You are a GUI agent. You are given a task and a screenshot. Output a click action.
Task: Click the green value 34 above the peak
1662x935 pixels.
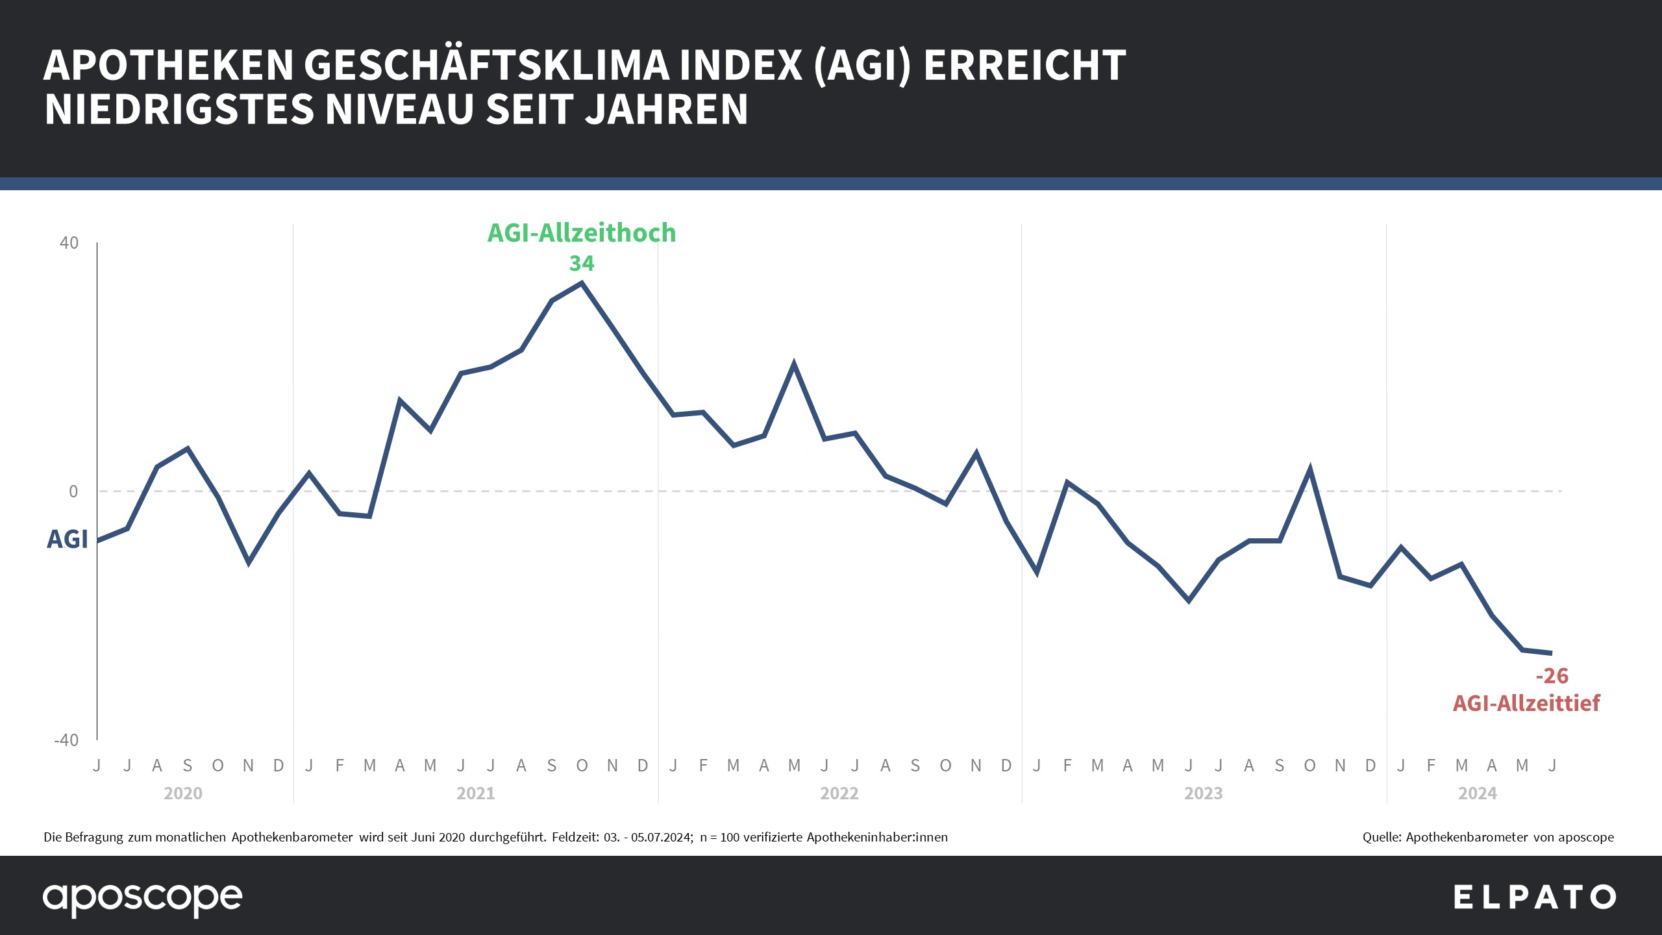point(581,264)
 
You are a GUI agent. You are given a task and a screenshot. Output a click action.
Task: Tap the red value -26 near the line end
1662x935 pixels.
point(1552,676)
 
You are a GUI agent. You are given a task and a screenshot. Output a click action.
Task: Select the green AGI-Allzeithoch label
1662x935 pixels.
point(582,233)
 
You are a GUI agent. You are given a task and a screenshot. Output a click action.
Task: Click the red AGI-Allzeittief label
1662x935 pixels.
point(1526,703)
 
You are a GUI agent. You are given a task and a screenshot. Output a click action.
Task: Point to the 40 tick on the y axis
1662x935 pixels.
point(69,243)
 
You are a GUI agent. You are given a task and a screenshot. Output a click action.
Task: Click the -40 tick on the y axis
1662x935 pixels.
point(66,740)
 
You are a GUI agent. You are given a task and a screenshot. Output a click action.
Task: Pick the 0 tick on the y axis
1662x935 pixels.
point(73,492)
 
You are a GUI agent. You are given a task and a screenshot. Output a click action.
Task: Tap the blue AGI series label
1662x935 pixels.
point(67,540)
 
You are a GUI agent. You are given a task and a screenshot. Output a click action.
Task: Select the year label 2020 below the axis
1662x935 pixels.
point(183,793)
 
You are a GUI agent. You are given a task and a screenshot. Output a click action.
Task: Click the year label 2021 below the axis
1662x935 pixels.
point(476,793)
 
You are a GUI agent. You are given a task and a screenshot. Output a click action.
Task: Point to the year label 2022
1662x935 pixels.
point(839,793)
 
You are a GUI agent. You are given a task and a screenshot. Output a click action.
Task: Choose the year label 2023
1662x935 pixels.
point(1204,793)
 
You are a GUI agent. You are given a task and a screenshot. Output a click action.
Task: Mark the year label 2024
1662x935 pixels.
point(1478,793)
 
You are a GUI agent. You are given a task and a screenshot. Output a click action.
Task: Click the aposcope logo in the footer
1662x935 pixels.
point(143,899)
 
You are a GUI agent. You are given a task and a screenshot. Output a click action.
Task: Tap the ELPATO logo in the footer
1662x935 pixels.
point(1535,898)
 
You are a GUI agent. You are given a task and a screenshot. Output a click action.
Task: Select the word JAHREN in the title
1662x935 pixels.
point(667,109)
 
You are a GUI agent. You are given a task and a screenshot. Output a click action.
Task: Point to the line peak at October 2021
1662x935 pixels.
point(582,283)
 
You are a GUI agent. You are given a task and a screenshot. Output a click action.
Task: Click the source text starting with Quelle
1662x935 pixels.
point(1488,838)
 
